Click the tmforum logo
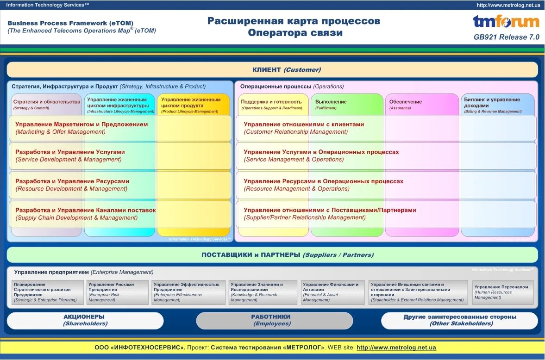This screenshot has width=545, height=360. point(506,21)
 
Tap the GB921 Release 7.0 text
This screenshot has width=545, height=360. point(507,37)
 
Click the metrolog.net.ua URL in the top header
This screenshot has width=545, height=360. point(508,5)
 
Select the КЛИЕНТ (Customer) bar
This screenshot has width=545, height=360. point(272,70)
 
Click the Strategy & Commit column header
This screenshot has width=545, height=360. point(46,104)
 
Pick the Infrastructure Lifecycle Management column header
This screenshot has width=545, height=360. point(120,105)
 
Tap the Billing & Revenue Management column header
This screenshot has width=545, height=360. point(497,105)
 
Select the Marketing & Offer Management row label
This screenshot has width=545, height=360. point(81,128)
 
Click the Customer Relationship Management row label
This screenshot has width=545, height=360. point(304,128)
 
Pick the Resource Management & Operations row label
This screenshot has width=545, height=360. point(323,185)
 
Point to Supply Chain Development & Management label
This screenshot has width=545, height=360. point(85,214)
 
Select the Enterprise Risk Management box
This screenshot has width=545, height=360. point(117,292)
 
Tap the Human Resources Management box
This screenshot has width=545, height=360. point(502,292)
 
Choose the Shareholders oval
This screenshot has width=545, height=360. point(85,320)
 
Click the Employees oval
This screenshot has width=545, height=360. point(274,320)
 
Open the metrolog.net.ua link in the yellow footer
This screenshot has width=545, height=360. point(396,348)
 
